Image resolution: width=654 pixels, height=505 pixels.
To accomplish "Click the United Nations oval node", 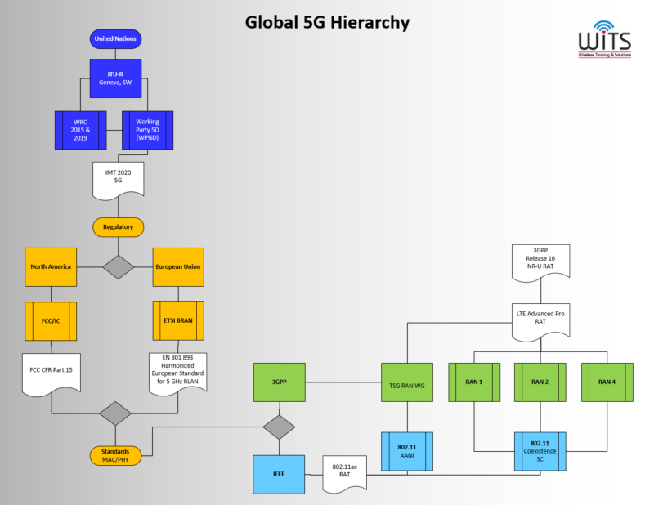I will (116, 38).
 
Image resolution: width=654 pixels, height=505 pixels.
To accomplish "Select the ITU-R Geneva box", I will (115, 78).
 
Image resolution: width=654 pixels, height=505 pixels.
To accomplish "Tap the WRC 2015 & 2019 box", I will (81, 130).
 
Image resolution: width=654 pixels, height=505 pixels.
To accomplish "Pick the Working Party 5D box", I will (147, 130).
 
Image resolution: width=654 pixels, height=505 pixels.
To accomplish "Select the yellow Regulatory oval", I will (118, 226).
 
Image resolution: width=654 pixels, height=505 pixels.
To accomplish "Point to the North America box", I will (51, 266).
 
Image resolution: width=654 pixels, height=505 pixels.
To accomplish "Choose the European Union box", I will (177, 266).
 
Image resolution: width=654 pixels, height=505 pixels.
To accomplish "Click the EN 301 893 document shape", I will (177, 372).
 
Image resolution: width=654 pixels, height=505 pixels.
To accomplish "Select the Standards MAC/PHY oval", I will (115, 454).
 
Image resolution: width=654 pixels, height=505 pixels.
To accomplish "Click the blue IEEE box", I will (280, 474).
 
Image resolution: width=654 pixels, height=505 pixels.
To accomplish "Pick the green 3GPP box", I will (280, 382).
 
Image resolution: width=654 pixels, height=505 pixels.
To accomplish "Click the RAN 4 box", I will (607, 382).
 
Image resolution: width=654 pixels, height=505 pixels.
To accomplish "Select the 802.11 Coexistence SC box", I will (540, 451).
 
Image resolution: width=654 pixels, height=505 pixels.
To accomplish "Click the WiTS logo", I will (604, 38).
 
